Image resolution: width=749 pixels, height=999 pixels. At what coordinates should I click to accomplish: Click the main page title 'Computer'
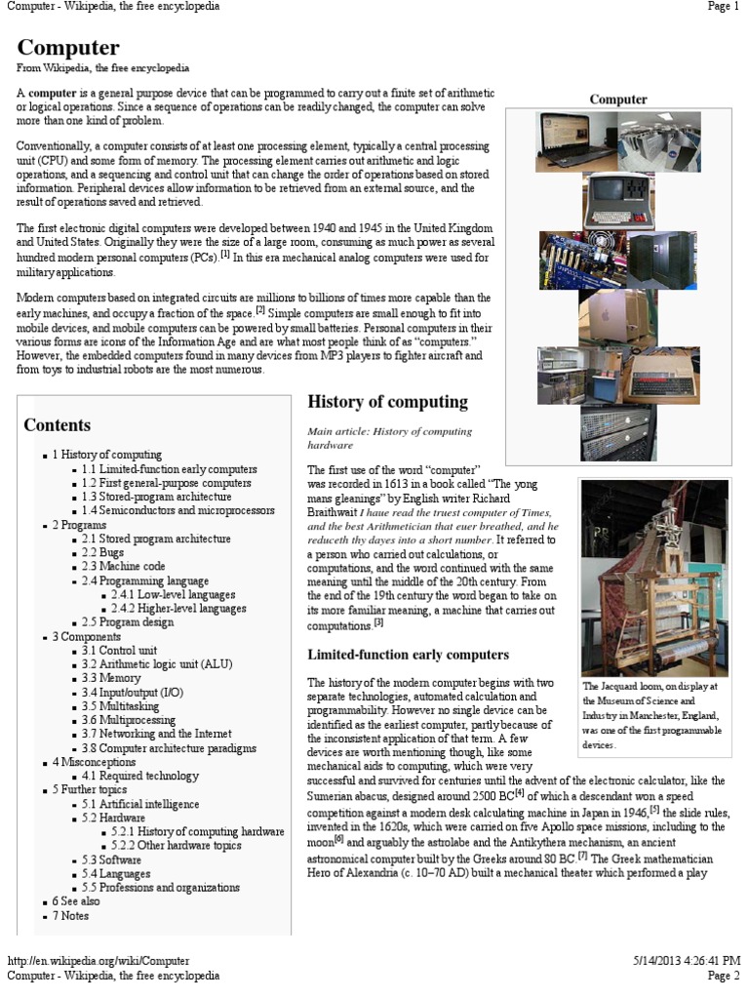(68, 48)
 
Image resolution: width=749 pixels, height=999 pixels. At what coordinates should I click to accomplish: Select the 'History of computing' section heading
(388, 402)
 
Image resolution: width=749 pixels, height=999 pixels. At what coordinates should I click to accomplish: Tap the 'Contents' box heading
(58, 425)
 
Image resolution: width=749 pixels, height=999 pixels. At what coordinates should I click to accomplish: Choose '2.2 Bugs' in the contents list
(105, 552)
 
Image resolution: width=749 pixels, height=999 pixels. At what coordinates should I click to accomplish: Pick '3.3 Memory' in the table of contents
(111, 678)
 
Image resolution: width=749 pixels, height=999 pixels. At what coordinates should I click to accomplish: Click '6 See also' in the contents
(76, 902)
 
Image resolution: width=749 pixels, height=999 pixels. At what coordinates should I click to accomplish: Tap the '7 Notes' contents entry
(69, 917)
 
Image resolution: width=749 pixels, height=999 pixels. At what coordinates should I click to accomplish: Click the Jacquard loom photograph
(654, 577)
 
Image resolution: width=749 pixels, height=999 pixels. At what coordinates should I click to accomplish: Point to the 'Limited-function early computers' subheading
(408, 655)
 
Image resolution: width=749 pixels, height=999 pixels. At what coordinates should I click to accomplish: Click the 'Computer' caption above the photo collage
(618, 100)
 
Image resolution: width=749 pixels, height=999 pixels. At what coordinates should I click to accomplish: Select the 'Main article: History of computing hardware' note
(390, 437)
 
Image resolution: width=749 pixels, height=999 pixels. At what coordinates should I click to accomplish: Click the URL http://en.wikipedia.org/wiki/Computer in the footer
(99, 961)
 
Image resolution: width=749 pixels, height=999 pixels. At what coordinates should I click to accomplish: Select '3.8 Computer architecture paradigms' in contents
(169, 748)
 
